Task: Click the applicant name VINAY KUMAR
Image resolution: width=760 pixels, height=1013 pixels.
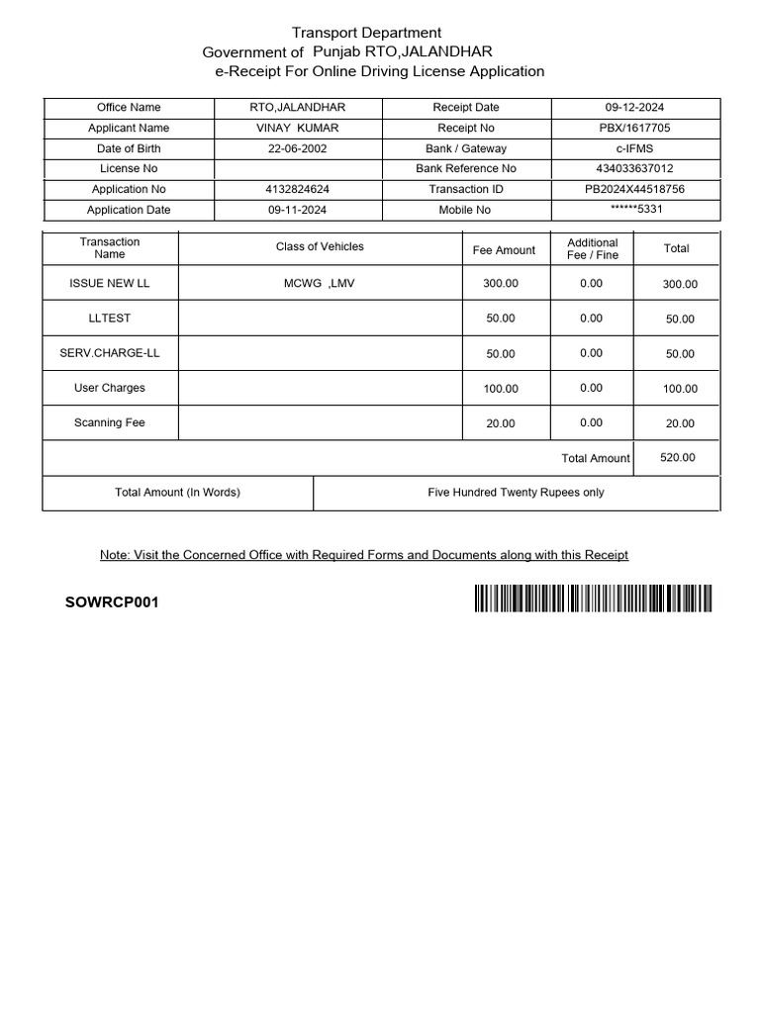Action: coord(297,128)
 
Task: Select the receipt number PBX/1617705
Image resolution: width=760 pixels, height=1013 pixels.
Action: coord(634,128)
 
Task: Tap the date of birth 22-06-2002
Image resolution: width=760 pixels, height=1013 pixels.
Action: coord(297,148)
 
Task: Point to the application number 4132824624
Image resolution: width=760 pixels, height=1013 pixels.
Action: coord(297,189)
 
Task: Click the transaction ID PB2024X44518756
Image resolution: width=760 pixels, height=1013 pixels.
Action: coord(634,189)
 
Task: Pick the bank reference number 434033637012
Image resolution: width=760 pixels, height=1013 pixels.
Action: coord(634,168)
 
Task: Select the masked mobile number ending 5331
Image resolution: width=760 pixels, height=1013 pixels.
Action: coord(634,210)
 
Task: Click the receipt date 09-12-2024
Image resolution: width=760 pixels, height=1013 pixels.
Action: coord(634,107)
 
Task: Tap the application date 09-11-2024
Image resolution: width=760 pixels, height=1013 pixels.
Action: coord(297,210)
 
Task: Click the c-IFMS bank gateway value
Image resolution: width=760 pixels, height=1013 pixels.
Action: coord(634,148)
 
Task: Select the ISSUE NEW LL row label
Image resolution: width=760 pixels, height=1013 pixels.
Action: coord(110,283)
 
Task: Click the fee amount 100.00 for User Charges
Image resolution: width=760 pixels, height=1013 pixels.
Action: coord(500,389)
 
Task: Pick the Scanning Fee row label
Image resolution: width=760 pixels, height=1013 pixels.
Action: coord(110,422)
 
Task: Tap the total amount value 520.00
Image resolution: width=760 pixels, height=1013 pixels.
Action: coord(677,458)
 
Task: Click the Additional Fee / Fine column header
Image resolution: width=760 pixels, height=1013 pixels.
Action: coord(592,248)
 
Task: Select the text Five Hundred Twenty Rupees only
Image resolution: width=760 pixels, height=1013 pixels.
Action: coord(516,492)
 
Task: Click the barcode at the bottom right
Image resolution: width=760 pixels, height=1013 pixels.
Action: coord(592,599)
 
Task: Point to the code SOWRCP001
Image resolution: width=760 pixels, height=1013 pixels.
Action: coord(111,602)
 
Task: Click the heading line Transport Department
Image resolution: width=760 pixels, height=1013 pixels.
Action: coord(366,33)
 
